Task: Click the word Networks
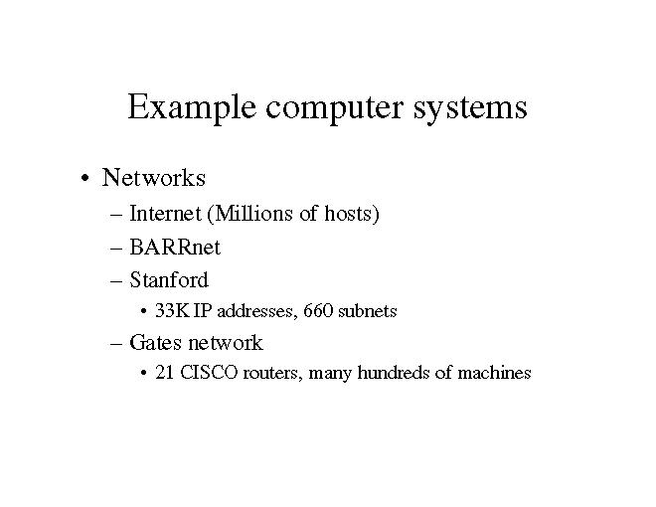click(154, 179)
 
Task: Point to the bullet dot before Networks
click(89, 180)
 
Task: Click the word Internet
click(165, 214)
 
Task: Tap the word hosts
click(348, 214)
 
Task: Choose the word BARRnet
click(175, 247)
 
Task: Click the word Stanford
click(169, 279)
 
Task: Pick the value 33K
click(173, 311)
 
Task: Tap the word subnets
click(368, 311)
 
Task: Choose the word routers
click(268, 374)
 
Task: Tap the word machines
click(494, 374)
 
